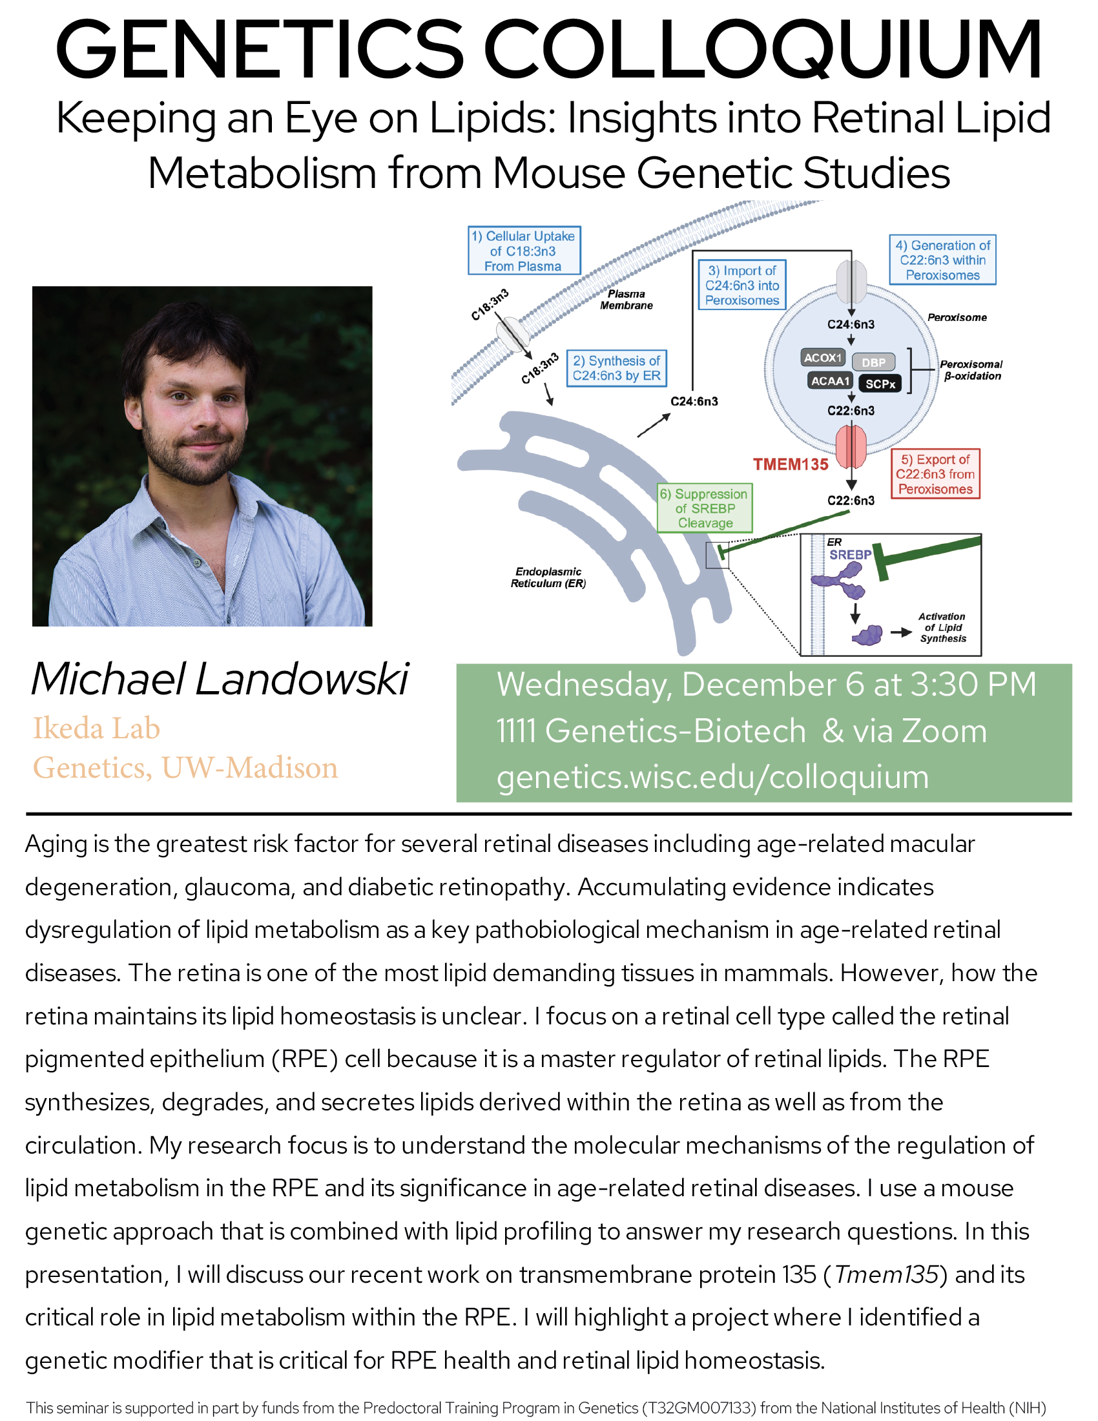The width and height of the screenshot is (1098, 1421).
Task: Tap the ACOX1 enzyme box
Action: tap(823, 358)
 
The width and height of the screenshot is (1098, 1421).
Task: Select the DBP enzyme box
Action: tap(874, 362)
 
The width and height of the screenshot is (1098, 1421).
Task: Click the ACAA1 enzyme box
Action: tap(831, 381)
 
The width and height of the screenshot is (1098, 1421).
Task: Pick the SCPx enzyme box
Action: tap(880, 384)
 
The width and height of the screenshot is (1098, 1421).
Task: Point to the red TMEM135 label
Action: tap(791, 464)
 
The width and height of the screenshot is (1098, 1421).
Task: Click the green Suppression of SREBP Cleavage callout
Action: tap(705, 508)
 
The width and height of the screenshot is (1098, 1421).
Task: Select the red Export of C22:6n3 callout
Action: tap(935, 474)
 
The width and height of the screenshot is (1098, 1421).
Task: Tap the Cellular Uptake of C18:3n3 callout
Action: tap(524, 251)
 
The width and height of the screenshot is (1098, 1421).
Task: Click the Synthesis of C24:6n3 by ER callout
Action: tap(616, 368)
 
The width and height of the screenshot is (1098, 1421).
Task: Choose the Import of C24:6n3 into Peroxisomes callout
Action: tap(741, 285)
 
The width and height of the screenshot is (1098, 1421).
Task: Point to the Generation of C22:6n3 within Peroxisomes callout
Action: tap(942, 260)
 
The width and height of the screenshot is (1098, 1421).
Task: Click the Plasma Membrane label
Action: tap(626, 300)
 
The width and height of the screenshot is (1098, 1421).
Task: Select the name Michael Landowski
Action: tap(220, 679)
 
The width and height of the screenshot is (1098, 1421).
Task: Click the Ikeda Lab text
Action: tap(96, 728)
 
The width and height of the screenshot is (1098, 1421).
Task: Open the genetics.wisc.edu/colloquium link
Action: tap(712, 777)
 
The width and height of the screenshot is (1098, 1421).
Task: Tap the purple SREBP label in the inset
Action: tap(849, 555)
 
